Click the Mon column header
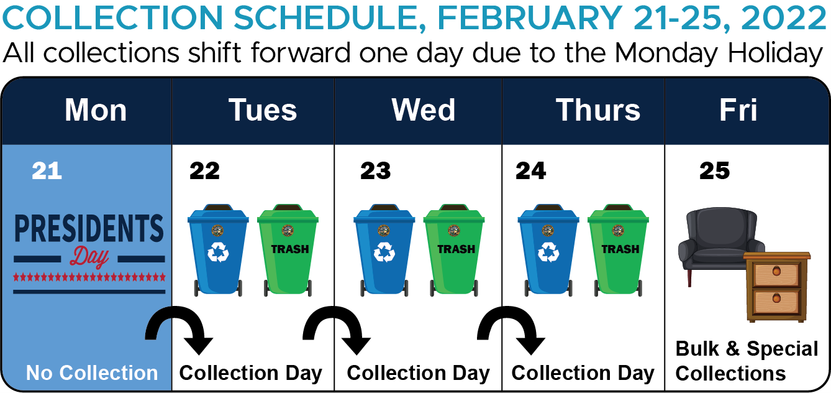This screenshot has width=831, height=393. [x=96, y=110]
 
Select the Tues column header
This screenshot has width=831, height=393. [x=263, y=110]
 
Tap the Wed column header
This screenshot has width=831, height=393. [x=424, y=110]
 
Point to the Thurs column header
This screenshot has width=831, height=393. [x=597, y=110]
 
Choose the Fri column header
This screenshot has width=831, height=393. [x=738, y=110]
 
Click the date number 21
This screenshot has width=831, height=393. [x=47, y=171]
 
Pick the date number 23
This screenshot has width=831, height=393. [x=375, y=171]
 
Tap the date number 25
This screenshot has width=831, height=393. [x=714, y=171]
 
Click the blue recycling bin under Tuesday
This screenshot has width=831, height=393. [x=218, y=250]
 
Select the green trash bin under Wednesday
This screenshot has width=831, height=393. [x=454, y=250]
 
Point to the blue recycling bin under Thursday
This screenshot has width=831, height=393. [x=548, y=250]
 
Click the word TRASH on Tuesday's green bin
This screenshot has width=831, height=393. [x=290, y=249]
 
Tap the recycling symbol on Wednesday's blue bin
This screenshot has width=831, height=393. [x=384, y=252]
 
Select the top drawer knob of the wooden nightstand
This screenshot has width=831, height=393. [x=776, y=271]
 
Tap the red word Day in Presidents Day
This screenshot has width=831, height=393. [x=89, y=257]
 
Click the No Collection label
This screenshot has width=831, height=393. [x=92, y=372]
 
